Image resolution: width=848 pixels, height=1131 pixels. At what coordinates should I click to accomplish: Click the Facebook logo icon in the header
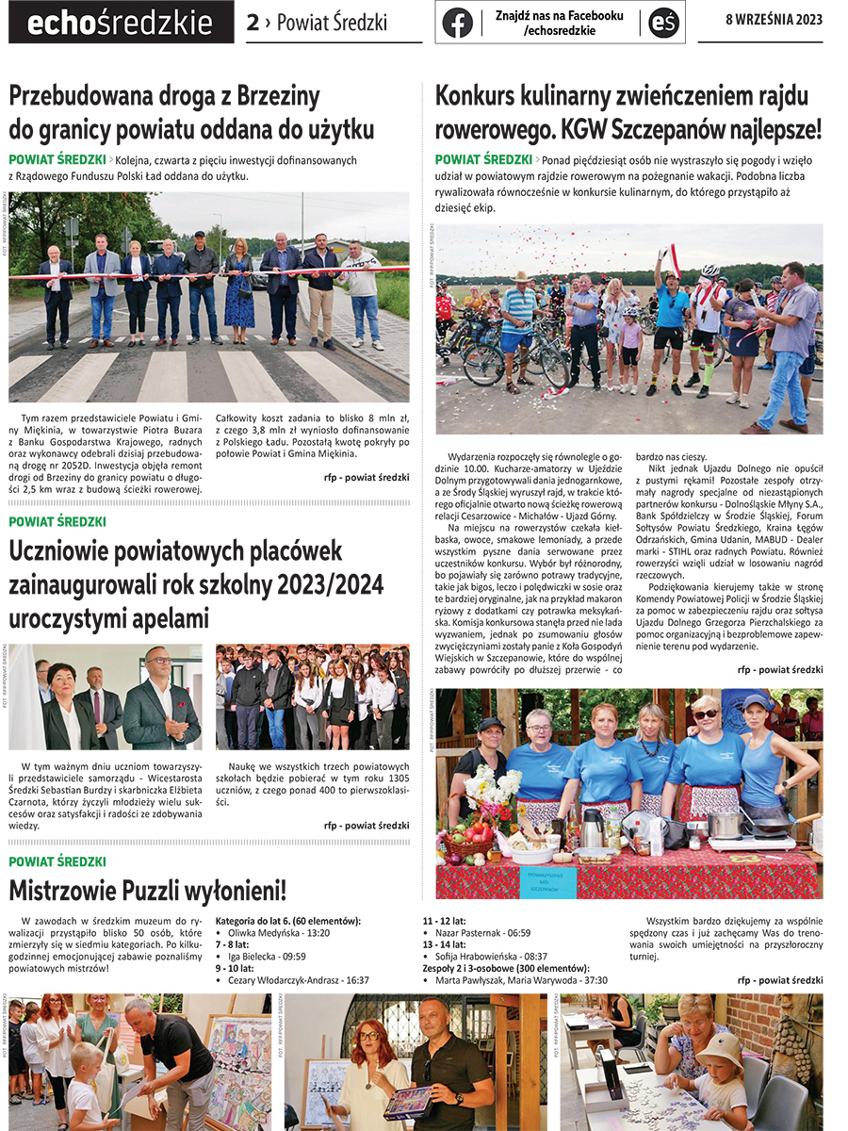pos(457,22)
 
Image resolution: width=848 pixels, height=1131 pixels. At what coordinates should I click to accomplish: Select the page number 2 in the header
pos(253,23)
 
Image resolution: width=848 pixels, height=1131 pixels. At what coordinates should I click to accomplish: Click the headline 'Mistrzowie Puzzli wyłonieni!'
pos(147,889)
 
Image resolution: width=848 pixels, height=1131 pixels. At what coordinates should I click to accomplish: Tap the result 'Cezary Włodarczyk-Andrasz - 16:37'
pos(298,980)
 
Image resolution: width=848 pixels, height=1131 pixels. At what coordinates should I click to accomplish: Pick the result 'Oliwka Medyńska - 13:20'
pos(278,932)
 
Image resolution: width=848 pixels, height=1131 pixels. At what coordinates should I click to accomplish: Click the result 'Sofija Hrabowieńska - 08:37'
pos(497,956)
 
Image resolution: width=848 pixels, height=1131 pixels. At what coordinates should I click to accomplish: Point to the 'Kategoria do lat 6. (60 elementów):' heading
pos(288,920)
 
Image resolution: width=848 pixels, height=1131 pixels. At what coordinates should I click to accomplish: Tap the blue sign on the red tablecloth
pos(547,882)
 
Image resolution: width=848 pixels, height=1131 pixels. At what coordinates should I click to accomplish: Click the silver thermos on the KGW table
pos(592,828)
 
